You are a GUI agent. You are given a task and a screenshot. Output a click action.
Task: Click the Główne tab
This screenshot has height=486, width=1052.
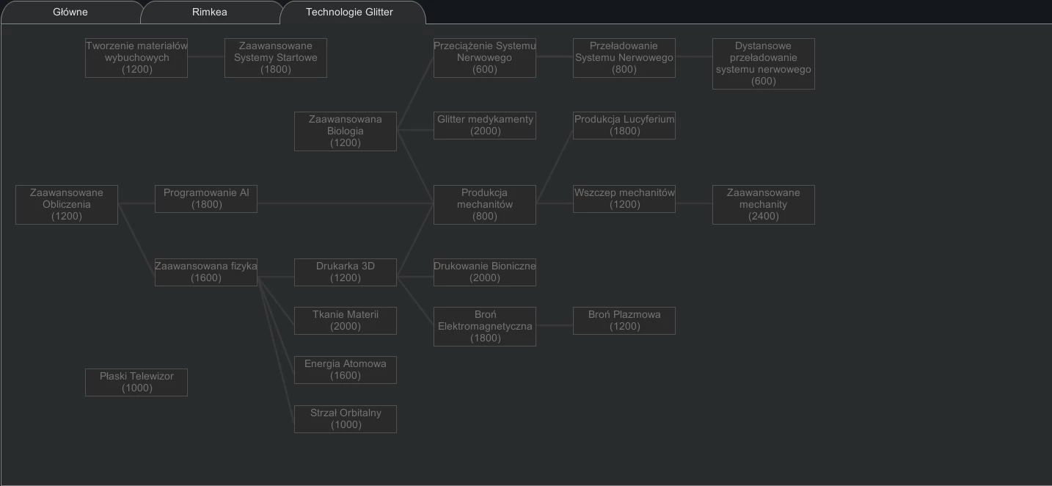[70, 12]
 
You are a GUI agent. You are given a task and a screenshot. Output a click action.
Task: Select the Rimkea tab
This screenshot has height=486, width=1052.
[210, 12]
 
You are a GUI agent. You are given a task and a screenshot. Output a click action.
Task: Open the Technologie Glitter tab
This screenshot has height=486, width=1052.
[349, 12]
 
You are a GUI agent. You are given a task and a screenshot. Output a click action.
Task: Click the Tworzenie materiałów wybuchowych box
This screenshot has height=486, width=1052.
[136, 58]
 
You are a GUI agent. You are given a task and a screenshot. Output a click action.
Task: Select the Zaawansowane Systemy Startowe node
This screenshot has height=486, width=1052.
[276, 58]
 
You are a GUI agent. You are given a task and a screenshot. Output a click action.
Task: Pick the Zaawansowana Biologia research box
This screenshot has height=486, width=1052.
[346, 131]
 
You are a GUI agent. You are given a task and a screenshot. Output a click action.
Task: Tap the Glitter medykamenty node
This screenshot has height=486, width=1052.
[485, 126]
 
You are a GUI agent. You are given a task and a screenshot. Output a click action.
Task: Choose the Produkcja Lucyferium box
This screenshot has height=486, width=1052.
[624, 126]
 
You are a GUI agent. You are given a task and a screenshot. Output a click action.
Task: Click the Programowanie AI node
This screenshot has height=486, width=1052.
[206, 199]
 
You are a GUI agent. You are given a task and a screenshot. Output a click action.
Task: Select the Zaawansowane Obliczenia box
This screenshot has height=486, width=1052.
[67, 205]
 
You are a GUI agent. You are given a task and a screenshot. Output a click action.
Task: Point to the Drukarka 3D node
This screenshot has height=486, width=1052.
[346, 272]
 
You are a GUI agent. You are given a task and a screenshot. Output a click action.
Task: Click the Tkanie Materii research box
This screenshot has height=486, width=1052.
[346, 321]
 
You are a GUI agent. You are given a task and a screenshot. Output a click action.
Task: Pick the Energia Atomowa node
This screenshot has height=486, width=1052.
[346, 370]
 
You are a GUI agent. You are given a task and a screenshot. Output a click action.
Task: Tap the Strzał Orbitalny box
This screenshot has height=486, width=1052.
[346, 418]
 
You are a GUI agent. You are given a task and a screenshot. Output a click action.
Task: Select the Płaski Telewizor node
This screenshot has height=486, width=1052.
[136, 382]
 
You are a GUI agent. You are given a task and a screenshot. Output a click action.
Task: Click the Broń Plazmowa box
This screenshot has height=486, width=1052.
[624, 321]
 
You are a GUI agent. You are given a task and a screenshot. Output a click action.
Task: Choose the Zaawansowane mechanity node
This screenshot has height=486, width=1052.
[764, 205]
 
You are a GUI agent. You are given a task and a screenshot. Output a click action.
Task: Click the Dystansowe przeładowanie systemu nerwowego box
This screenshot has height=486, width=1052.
[764, 63]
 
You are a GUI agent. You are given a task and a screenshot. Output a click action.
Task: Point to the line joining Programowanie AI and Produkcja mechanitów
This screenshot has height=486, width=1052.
[346, 203]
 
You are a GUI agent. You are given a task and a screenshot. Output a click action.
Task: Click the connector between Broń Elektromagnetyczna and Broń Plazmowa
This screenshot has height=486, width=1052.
[554, 325]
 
